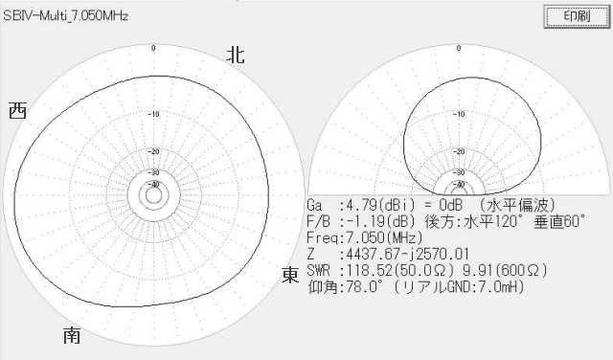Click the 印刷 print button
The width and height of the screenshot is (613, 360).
577,16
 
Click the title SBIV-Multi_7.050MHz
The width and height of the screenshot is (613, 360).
66,16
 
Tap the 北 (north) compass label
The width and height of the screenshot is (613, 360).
236,55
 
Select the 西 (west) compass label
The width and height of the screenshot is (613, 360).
17,111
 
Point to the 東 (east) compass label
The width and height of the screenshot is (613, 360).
290,275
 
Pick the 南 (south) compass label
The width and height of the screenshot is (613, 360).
72,335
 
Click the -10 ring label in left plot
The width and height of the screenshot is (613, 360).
155,114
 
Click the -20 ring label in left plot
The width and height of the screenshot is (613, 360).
155,151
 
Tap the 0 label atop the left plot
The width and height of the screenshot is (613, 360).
153,48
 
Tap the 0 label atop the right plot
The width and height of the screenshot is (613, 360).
459,48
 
